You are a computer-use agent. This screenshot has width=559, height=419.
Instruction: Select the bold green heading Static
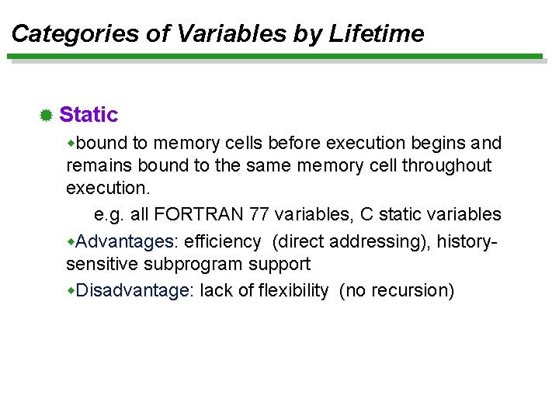click(x=89, y=115)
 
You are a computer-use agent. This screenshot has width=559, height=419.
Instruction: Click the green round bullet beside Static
click(x=46, y=116)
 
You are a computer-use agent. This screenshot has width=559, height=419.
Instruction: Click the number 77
click(x=254, y=214)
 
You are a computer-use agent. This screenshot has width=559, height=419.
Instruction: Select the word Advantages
click(x=125, y=242)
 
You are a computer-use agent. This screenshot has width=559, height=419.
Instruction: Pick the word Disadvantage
click(x=133, y=291)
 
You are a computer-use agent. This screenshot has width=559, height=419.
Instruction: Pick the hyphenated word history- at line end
click(x=467, y=242)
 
